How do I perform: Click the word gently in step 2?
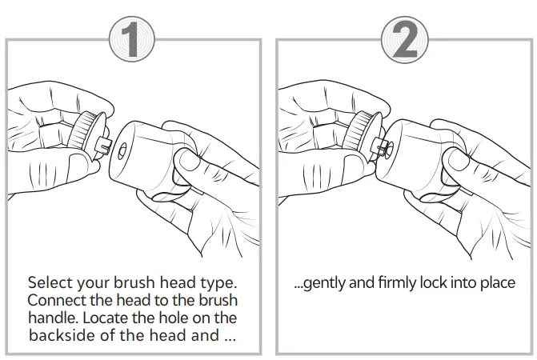[x=320, y=284]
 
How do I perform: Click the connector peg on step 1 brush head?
[x=103, y=145]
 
